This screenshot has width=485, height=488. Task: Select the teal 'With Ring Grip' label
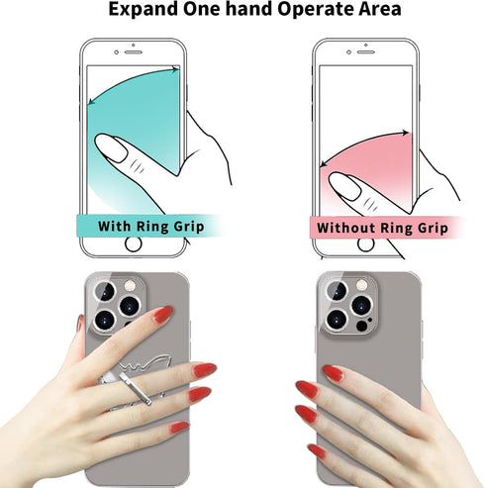150,226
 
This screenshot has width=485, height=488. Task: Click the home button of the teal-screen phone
134,244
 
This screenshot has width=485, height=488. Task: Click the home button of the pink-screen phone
365,244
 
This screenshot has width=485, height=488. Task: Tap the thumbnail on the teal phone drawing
111,147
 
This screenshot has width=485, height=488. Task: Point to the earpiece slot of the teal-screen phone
134,52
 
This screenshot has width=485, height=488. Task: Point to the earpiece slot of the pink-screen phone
366,52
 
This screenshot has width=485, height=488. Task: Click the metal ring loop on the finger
136,389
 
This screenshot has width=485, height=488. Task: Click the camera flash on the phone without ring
361,284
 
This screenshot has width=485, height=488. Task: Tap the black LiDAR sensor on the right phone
362,326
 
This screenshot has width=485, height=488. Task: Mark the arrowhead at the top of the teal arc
176,69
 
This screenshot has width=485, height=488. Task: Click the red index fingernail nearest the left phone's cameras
163,314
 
